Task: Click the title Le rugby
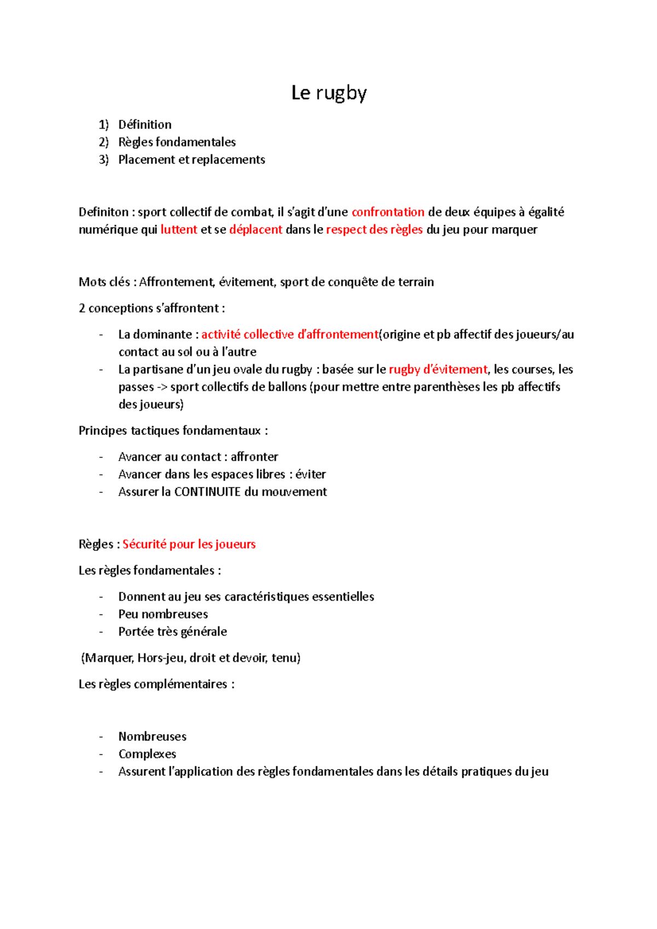[x=328, y=93]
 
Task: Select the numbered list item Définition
[x=145, y=125]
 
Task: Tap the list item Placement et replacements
[x=192, y=160]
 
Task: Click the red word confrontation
[x=388, y=212]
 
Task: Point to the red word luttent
[x=178, y=230]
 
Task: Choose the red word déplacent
[x=256, y=230]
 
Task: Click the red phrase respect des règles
[x=374, y=230]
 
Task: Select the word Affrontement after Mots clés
[x=176, y=282]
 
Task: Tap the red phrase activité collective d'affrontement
[x=290, y=334]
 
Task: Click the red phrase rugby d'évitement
[x=437, y=369]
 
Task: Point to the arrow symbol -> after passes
[x=162, y=387]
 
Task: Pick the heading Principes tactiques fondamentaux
[x=170, y=431]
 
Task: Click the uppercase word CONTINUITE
[x=208, y=492]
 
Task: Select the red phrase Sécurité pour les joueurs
[x=189, y=544]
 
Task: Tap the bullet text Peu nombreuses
[x=163, y=614]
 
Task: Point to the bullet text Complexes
[x=147, y=754]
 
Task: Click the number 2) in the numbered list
[x=104, y=142]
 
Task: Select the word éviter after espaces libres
[x=310, y=474]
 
